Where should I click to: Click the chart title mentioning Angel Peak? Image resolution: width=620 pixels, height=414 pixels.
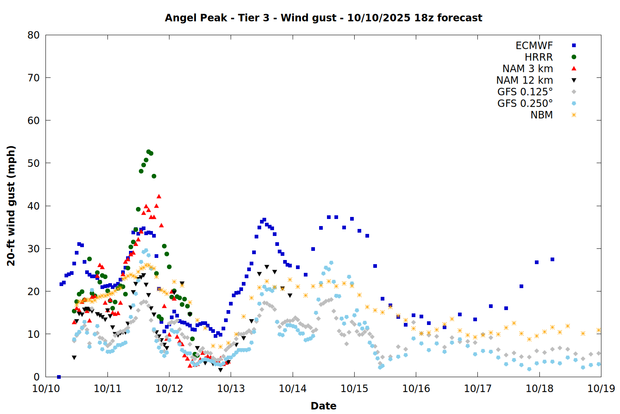pyautogui.click(x=323, y=18)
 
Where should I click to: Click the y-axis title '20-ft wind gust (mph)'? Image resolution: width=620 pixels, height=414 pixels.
pyautogui.click(x=11, y=205)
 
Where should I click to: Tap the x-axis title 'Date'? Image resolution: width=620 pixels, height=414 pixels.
pyautogui.click(x=323, y=406)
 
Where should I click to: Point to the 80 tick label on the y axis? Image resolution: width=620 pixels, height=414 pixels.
pyautogui.click(x=33, y=35)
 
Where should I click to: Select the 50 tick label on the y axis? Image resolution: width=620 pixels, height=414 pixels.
pyautogui.click(x=33, y=163)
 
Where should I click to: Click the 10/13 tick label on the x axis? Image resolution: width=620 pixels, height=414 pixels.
pyautogui.click(x=231, y=389)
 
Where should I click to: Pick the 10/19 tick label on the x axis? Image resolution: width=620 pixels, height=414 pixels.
pyautogui.click(x=601, y=389)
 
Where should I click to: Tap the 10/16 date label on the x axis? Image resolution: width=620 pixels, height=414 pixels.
pyautogui.click(x=416, y=389)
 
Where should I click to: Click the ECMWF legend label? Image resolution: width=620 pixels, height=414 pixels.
pyautogui.click(x=534, y=46)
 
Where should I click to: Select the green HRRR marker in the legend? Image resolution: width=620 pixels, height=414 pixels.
pyautogui.click(x=574, y=57)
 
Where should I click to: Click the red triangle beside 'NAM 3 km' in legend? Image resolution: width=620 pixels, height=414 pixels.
pyautogui.click(x=574, y=69)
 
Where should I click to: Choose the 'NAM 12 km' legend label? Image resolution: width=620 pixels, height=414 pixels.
pyautogui.click(x=525, y=80)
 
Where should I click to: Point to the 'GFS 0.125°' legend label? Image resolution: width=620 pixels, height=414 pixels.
pyautogui.click(x=525, y=92)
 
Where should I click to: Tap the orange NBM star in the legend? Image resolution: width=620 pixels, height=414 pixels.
pyautogui.click(x=574, y=115)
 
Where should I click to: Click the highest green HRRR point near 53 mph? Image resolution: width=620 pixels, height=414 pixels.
pyautogui.click(x=148, y=152)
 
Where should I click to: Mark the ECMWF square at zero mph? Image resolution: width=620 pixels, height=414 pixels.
pyautogui.click(x=59, y=377)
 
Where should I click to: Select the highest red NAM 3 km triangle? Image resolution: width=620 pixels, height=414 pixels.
pyautogui.click(x=159, y=196)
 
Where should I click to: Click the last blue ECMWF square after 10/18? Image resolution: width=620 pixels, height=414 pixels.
pyautogui.click(x=552, y=260)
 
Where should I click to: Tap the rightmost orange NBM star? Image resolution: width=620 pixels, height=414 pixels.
pyautogui.click(x=599, y=330)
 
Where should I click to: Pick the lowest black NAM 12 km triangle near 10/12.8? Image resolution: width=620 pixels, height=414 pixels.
pyautogui.click(x=221, y=370)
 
